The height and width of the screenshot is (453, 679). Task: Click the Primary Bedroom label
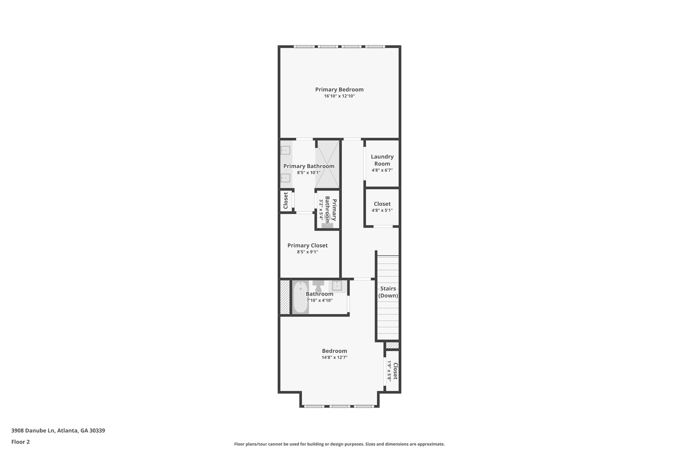[339, 90]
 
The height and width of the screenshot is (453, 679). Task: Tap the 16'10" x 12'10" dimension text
[339, 96]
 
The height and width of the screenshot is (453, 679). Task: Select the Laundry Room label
[382, 160]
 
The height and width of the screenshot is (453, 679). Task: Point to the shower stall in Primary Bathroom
[327, 164]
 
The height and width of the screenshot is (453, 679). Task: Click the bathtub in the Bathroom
[301, 297]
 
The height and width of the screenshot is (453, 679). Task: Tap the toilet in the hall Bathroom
[318, 285]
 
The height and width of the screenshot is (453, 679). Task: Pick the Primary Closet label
[307, 246]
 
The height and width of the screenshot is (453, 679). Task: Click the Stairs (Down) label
[388, 292]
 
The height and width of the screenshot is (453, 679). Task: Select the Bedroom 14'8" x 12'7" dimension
[334, 357]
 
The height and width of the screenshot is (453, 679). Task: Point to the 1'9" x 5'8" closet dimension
[390, 371]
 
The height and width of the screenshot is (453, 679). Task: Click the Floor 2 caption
[21, 442]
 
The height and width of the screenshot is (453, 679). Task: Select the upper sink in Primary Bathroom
[285, 151]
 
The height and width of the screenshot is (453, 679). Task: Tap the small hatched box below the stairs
[392, 345]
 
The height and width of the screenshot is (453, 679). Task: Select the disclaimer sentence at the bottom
[339, 444]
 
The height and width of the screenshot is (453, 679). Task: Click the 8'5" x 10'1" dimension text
[309, 173]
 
